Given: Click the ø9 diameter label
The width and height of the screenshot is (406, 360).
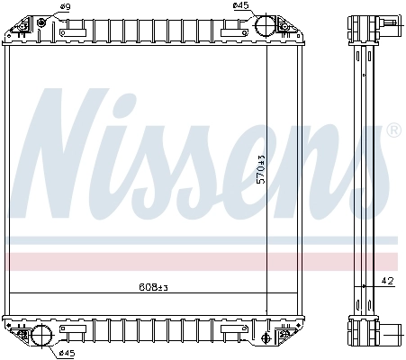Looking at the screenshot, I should pos(64,7).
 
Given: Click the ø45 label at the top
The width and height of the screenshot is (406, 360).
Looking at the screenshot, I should pos(240,7).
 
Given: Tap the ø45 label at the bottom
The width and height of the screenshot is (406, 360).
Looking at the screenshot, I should pos(66,353).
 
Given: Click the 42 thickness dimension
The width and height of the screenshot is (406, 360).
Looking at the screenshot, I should pos(387,281).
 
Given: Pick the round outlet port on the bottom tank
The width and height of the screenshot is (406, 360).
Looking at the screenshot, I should pos(41,337).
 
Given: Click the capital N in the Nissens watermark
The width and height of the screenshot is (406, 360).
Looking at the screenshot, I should pos(81,153).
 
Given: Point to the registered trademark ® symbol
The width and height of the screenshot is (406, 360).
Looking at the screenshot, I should pos(392,131).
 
